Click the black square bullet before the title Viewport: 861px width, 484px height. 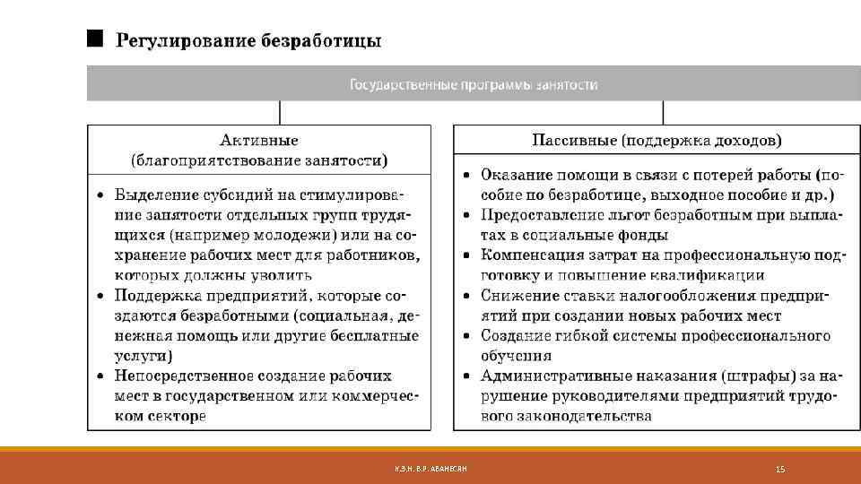click(x=93, y=39)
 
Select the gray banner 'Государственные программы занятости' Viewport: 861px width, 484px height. click(x=473, y=85)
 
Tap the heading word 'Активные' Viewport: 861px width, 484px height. click(x=259, y=140)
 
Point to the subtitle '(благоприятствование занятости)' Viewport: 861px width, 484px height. click(x=259, y=160)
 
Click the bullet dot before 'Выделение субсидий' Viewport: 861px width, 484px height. click(x=101, y=194)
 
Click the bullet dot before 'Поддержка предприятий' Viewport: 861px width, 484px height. click(x=101, y=295)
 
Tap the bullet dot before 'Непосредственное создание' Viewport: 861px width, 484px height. click(x=101, y=376)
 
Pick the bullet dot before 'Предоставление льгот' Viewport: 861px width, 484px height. click(x=468, y=215)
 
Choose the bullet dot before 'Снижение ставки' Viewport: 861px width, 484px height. click(x=468, y=296)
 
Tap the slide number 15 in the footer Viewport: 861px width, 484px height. click(x=779, y=469)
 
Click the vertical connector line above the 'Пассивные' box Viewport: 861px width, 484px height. click(x=664, y=112)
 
